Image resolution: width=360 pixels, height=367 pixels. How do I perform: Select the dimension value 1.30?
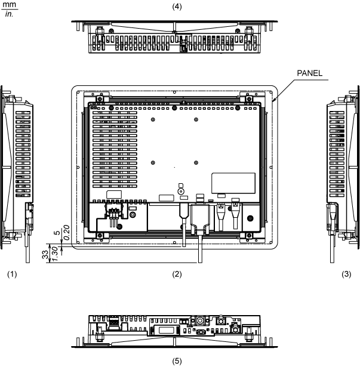56,252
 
